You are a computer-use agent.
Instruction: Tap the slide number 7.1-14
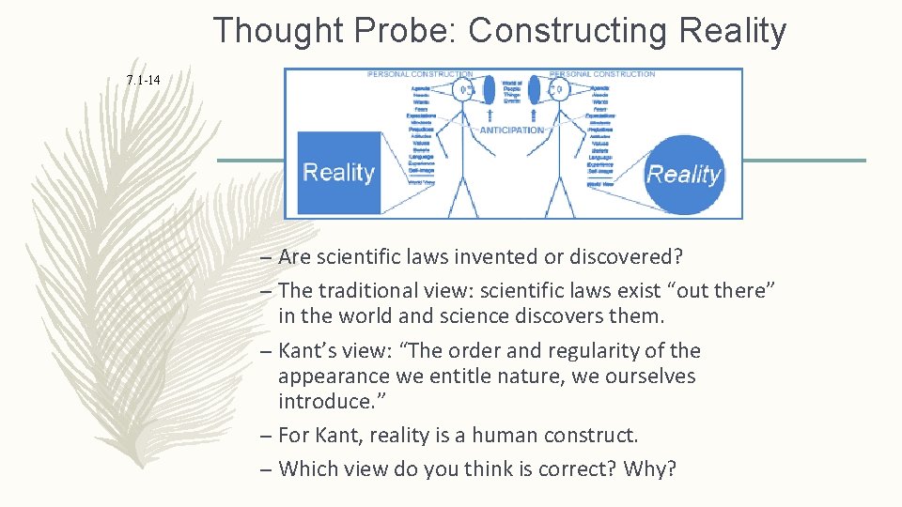[x=143, y=81]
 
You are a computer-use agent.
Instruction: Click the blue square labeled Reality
[x=339, y=173]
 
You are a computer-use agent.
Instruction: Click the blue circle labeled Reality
[x=684, y=174]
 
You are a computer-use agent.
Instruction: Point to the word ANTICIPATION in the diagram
[x=512, y=130]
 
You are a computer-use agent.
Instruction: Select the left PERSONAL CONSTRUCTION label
[x=420, y=73]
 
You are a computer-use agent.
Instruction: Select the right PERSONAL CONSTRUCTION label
[x=602, y=73]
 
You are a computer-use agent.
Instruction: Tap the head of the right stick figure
[x=559, y=90]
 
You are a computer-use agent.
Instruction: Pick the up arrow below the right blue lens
[x=535, y=117]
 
